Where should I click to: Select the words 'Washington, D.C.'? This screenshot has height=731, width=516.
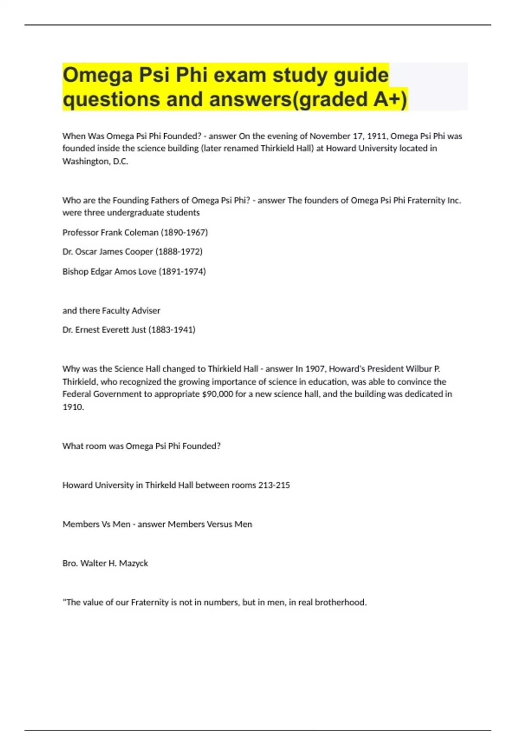[x=95, y=161]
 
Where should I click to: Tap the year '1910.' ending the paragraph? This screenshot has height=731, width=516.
[x=73, y=407]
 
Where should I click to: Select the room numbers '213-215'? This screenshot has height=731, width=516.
[x=274, y=485]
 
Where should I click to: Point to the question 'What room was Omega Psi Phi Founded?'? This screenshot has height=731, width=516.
[x=141, y=446]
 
